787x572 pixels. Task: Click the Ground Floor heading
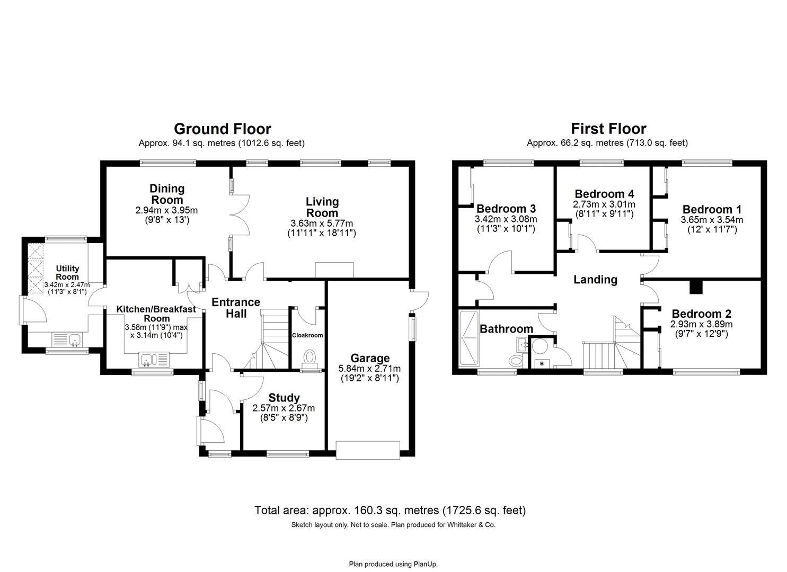click(x=222, y=129)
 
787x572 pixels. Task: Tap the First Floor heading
click(x=608, y=129)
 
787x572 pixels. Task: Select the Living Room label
click(x=322, y=207)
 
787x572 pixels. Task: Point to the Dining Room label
click(x=167, y=194)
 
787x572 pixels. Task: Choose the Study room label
click(x=284, y=398)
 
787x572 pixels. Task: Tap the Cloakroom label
click(x=307, y=335)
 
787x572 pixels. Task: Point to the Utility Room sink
click(x=67, y=339)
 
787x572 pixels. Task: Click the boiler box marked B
click(x=542, y=363)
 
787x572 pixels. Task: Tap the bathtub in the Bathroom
click(x=468, y=338)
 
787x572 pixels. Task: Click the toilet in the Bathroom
click(x=516, y=361)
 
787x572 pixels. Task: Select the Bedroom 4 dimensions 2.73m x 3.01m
click(x=604, y=204)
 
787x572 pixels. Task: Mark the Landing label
click(x=595, y=280)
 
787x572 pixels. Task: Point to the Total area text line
click(x=390, y=511)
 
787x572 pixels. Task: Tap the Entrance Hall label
click(x=236, y=308)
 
